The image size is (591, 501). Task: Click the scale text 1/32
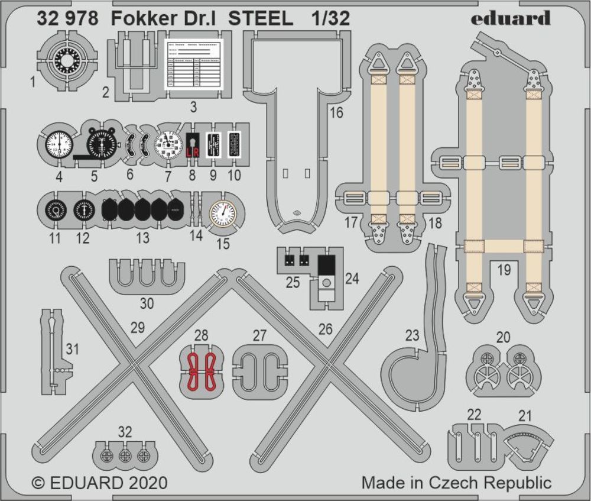[x=330, y=19]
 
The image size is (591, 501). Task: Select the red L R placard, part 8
[x=192, y=145]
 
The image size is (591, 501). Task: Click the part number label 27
[x=259, y=336]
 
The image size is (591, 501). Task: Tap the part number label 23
[x=412, y=336]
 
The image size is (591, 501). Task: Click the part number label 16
[x=336, y=113]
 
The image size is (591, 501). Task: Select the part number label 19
[x=504, y=271]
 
